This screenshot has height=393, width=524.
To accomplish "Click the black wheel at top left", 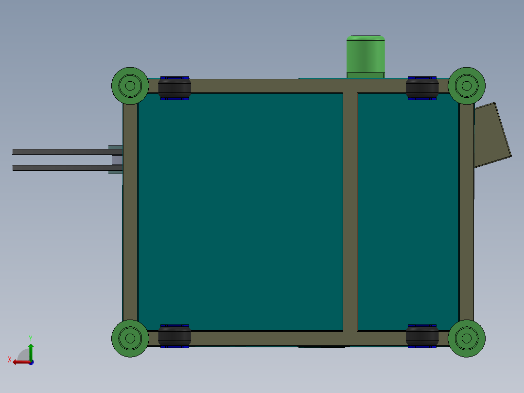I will point(175,88).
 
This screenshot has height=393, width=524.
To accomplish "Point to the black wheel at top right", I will point(422,88).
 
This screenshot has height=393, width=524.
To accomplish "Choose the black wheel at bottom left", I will point(175,336).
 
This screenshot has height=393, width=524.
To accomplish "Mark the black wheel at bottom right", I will point(422,336).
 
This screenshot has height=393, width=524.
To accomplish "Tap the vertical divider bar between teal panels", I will point(350,212).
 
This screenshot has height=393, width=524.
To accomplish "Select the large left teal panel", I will point(241,212).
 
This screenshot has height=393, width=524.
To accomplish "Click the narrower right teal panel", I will point(408,212).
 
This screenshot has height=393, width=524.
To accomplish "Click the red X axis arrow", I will point(19,362).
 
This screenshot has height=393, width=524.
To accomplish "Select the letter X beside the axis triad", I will point(10,359).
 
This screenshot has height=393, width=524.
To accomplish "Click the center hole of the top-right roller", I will point(467,86).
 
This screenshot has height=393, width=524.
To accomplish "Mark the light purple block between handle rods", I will point(117,160).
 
